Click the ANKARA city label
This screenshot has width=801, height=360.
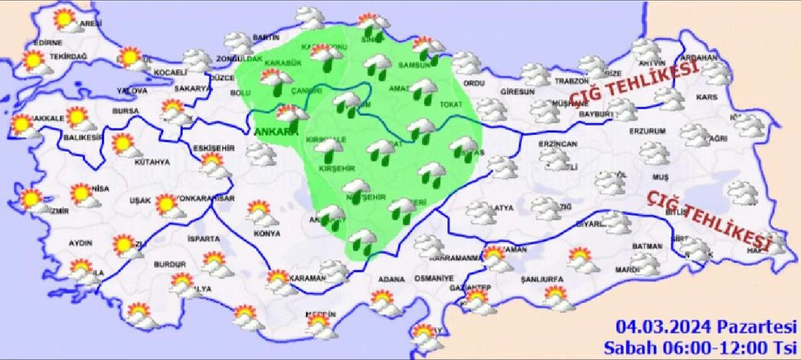tap(276, 132)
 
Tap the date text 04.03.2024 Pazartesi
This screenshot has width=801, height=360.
tap(706, 327)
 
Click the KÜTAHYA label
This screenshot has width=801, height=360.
tap(152, 162)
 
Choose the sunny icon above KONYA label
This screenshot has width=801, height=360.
tap(260, 212)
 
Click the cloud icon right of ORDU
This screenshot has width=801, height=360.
tap(491, 109)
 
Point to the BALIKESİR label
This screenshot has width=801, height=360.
tap(82, 138)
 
